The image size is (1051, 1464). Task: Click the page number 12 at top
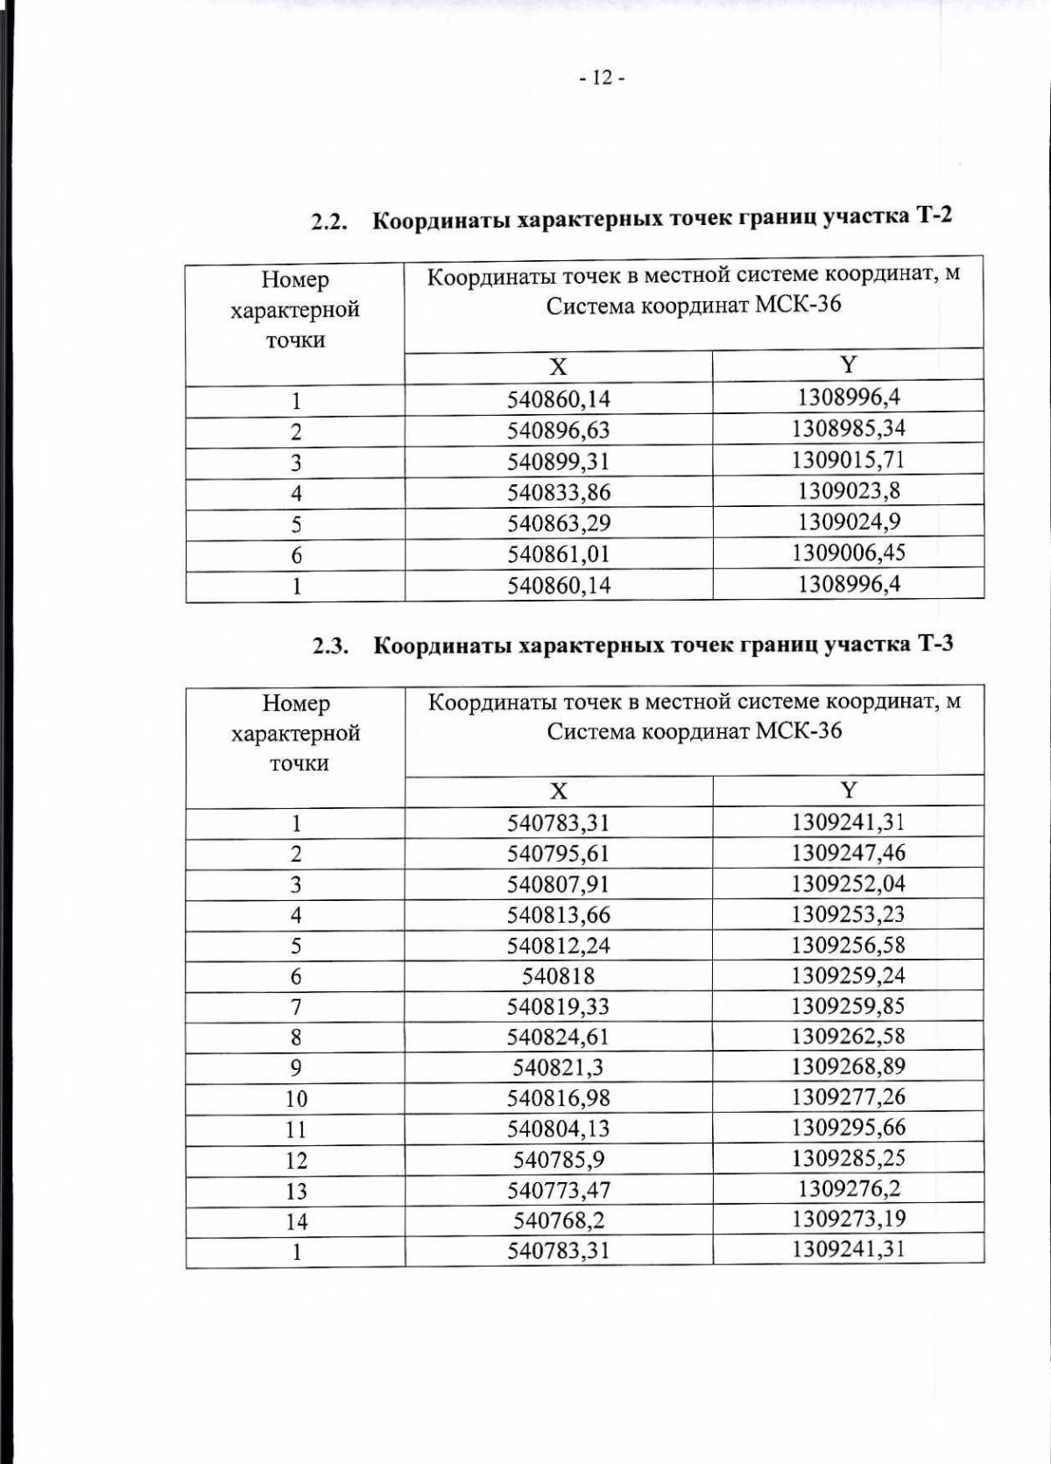(x=601, y=79)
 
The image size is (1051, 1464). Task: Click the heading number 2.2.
(x=331, y=222)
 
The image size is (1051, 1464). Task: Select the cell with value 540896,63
(x=559, y=431)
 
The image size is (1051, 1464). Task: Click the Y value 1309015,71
(x=848, y=460)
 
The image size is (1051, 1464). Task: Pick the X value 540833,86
(x=559, y=493)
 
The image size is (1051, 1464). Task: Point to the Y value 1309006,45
(x=848, y=553)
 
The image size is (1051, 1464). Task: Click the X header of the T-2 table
(x=558, y=367)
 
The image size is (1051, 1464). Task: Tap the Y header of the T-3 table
(x=848, y=791)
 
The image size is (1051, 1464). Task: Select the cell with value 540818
(x=558, y=976)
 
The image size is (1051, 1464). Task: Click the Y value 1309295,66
(x=848, y=1128)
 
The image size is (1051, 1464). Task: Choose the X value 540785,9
(x=559, y=1160)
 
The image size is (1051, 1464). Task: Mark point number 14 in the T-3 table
(x=296, y=1221)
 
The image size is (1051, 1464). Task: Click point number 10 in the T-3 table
(x=296, y=1099)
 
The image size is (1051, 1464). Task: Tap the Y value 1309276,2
(x=848, y=1189)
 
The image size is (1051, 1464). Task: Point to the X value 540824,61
(x=559, y=1038)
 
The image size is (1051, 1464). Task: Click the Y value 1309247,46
(x=848, y=853)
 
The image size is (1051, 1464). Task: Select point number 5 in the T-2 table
(x=296, y=524)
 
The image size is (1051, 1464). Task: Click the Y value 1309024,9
(x=848, y=522)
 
